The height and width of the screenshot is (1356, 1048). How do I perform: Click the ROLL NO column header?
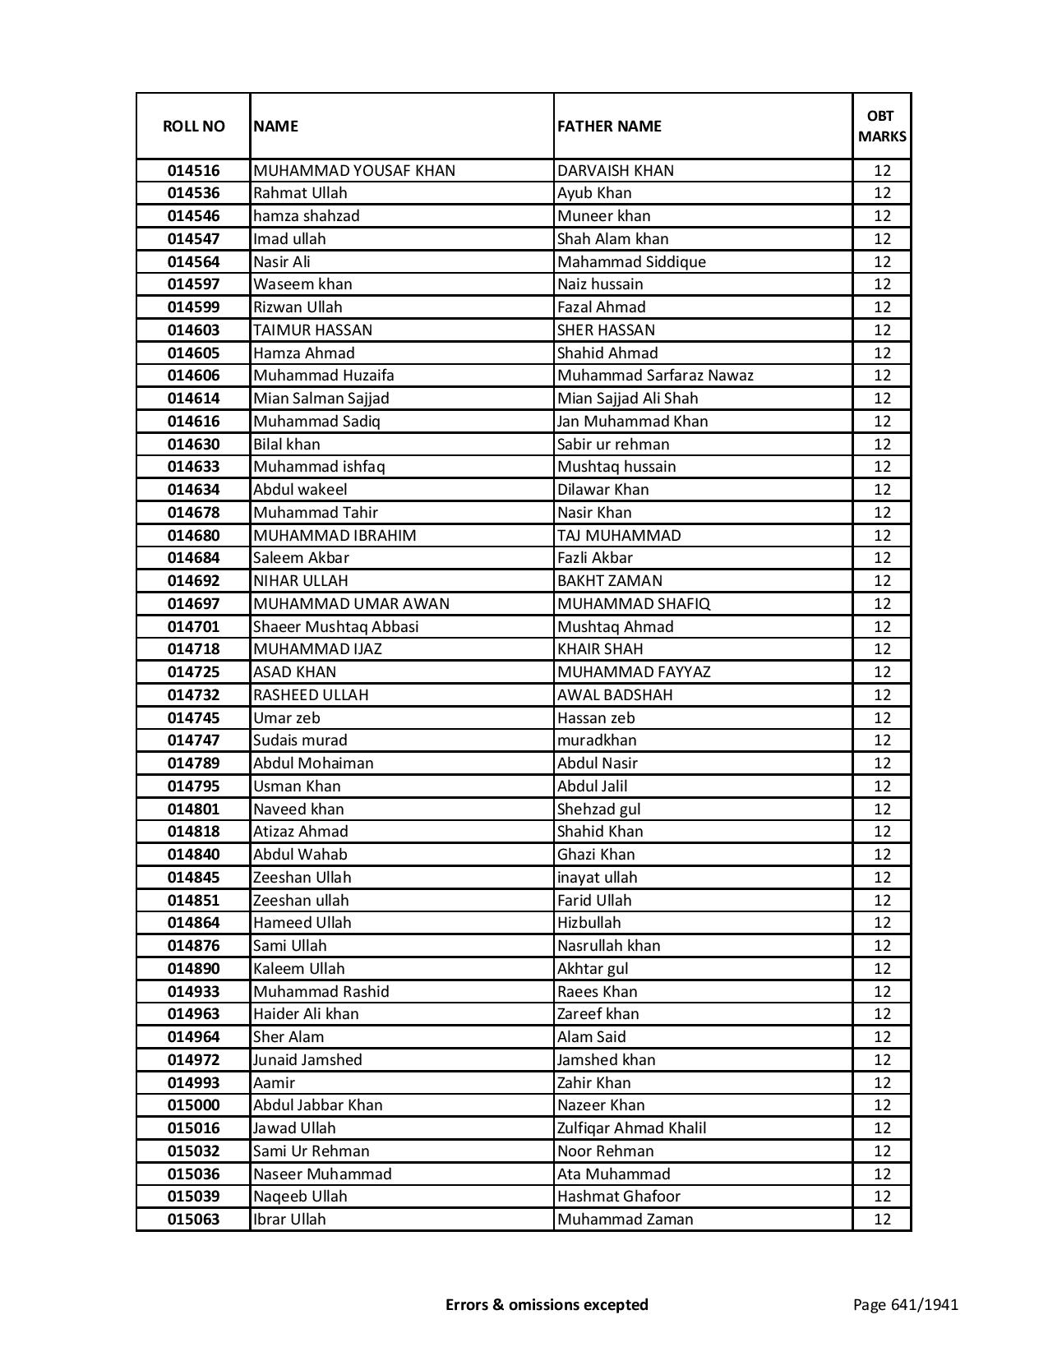coord(193,126)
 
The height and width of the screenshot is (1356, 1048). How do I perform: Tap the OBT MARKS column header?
coord(882,126)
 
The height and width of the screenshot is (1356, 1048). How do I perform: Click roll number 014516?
coord(193,171)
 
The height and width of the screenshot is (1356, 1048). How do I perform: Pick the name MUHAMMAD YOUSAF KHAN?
coord(354,171)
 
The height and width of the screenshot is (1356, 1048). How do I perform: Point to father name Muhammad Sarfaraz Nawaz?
coord(655,376)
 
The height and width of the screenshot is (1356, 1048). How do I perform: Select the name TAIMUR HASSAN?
coord(312,330)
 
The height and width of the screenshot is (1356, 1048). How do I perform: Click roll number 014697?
coord(193,604)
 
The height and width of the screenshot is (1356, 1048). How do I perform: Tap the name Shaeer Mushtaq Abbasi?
coord(335,627)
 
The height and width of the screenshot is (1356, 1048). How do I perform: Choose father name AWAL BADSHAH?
coord(615,695)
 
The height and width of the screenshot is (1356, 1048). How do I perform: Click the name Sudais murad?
coord(300,740)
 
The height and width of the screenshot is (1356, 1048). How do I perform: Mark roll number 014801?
coord(193,809)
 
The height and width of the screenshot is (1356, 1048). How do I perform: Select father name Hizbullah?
coord(589,923)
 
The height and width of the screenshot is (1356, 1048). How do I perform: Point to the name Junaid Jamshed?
coord(307,1060)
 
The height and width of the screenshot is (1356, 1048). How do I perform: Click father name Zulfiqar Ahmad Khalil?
coord(631,1128)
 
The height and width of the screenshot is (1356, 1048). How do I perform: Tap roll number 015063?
coord(193,1220)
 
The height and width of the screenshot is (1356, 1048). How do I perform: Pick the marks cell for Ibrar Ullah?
coord(882,1220)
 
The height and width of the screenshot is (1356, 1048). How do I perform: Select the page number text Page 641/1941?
coord(905,1304)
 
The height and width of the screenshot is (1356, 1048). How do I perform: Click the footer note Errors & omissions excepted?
coord(547,1304)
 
